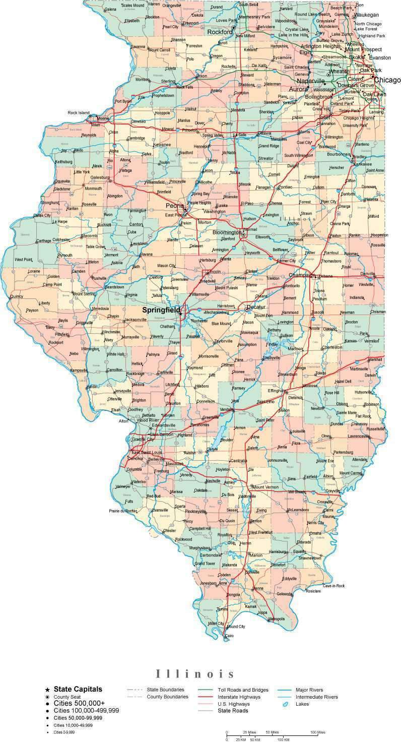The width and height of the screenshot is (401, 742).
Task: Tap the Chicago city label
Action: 387,80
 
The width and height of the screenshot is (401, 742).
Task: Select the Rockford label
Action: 220,32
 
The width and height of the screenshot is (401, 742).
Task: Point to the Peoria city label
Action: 175,206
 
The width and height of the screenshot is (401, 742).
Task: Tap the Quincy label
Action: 17,296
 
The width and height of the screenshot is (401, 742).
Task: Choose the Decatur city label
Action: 255,307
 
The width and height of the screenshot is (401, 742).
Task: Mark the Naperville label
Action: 311,81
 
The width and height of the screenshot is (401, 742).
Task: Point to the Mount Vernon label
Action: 265,487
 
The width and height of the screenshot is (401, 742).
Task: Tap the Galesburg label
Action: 99,177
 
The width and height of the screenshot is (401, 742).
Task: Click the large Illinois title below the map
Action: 195,674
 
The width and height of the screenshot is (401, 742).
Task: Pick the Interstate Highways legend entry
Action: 239,697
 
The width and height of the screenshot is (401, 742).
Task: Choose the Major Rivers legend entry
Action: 310,690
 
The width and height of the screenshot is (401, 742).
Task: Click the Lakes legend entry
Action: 302,704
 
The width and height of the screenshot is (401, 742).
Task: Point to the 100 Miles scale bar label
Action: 317,732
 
